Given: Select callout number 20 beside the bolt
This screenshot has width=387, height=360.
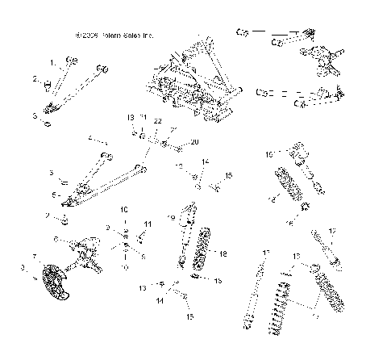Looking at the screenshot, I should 193,142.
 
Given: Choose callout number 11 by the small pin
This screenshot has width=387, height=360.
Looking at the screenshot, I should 148,224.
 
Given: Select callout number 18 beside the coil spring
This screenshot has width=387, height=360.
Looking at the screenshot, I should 223,253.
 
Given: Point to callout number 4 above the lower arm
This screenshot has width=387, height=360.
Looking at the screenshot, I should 90,137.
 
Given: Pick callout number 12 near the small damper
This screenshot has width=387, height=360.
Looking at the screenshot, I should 331,231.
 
